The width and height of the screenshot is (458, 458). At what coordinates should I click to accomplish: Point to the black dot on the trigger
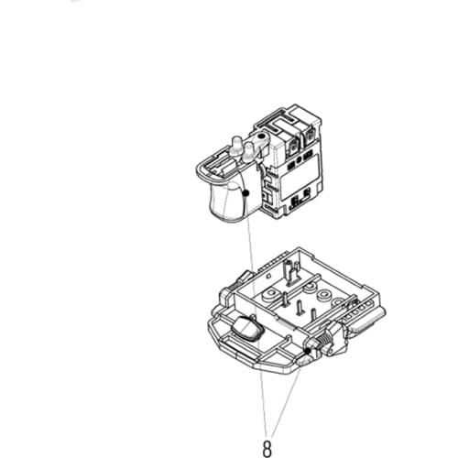point(246,193)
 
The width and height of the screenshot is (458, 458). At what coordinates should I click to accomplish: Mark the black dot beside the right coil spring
point(305,351)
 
